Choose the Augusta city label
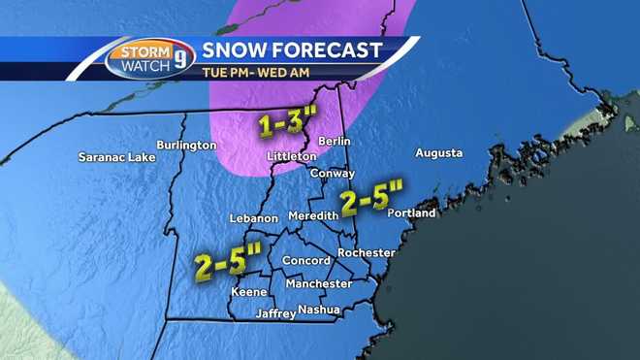click(x=438, y=153)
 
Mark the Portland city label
click(x=411, y=213)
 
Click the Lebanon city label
click(x=254, y=218)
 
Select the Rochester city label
click(x=367, y=252)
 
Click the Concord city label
click(x=305, y=260)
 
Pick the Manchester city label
click(x=319, y=283)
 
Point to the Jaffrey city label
click(x=274, y=313)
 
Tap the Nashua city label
click(x=319, y=310)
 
